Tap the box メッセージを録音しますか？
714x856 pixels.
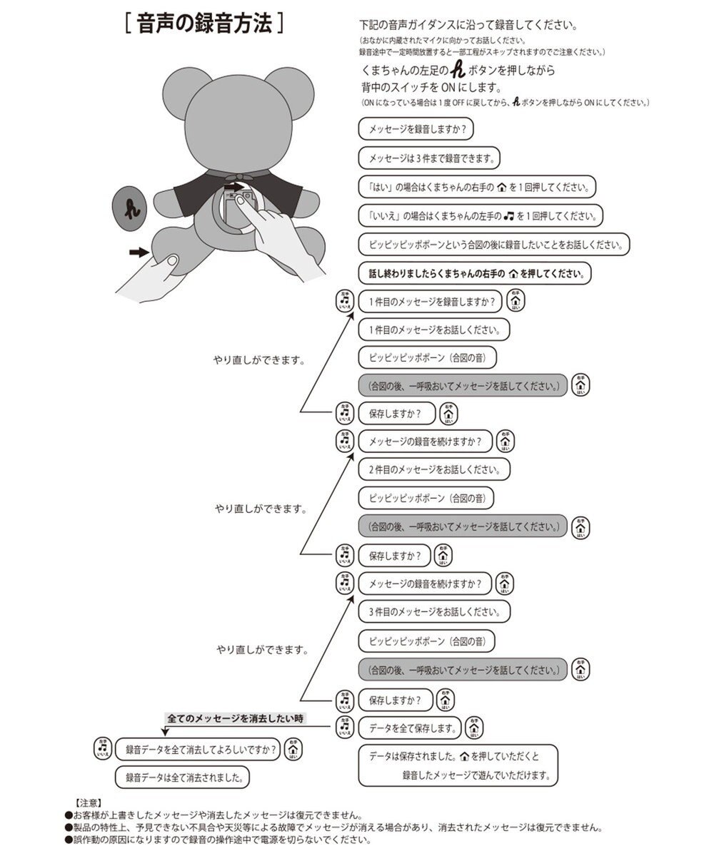[416, 130]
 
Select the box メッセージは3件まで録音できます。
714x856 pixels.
[430, 158]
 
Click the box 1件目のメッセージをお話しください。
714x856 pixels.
[433, 330]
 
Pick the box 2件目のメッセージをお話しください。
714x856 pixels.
[433, 469]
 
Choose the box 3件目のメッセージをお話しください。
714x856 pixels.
[433, 611]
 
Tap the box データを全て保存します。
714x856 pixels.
[411, 728]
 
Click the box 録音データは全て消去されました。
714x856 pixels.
[182, 777]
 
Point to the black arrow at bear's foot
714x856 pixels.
[139, 252]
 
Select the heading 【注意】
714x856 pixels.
[91, 802]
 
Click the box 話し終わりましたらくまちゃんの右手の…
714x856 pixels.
[475, 273]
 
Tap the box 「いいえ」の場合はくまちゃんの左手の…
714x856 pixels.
[481, 215]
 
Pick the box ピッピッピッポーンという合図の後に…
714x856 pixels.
[494, 244]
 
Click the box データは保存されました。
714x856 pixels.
[458, 765]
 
